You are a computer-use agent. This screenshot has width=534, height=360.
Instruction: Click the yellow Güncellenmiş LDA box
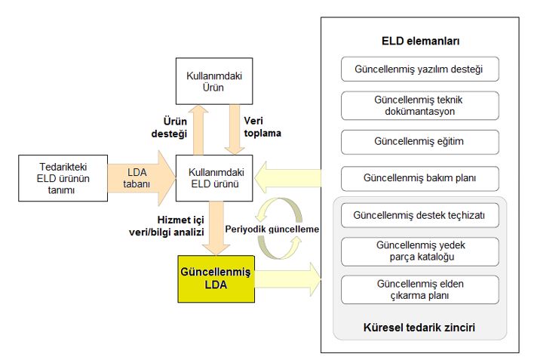[216, 278]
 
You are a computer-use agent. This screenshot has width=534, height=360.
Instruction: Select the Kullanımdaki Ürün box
[214, 82]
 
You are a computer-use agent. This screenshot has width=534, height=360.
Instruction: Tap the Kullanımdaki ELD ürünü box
[214, 178]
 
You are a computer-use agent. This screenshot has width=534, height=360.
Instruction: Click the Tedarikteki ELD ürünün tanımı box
[63, 178]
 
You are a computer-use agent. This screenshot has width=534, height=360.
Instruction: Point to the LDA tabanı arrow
[141, 178]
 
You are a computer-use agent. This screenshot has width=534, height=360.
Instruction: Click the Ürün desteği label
[169, 128]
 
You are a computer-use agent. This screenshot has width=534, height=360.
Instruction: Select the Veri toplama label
[262, 127]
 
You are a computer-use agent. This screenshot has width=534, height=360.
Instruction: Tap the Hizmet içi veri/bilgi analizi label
[167, 226]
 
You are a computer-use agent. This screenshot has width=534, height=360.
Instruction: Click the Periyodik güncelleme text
[272, 229]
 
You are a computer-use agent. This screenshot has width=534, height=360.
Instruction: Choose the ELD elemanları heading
[420, 42]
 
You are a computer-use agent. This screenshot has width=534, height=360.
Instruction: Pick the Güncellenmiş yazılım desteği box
[420, 69]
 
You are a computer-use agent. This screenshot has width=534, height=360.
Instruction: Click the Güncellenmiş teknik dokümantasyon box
[420, 106]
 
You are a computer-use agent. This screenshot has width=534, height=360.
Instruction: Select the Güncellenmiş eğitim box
[420, 142]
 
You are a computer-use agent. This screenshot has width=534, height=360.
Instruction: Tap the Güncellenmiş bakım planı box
[420, 179]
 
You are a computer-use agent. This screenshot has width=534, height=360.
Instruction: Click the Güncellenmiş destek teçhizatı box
[420, 215]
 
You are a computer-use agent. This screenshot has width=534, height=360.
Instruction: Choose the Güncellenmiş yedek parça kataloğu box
[420, 251]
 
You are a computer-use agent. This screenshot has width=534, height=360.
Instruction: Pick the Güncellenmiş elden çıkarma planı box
[420, 290]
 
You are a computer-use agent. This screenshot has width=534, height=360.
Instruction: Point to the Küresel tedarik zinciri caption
[419, 328]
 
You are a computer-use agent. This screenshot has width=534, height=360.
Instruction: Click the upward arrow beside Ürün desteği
[198, 130]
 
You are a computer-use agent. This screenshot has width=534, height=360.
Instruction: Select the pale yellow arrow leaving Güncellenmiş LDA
[288, 278]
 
